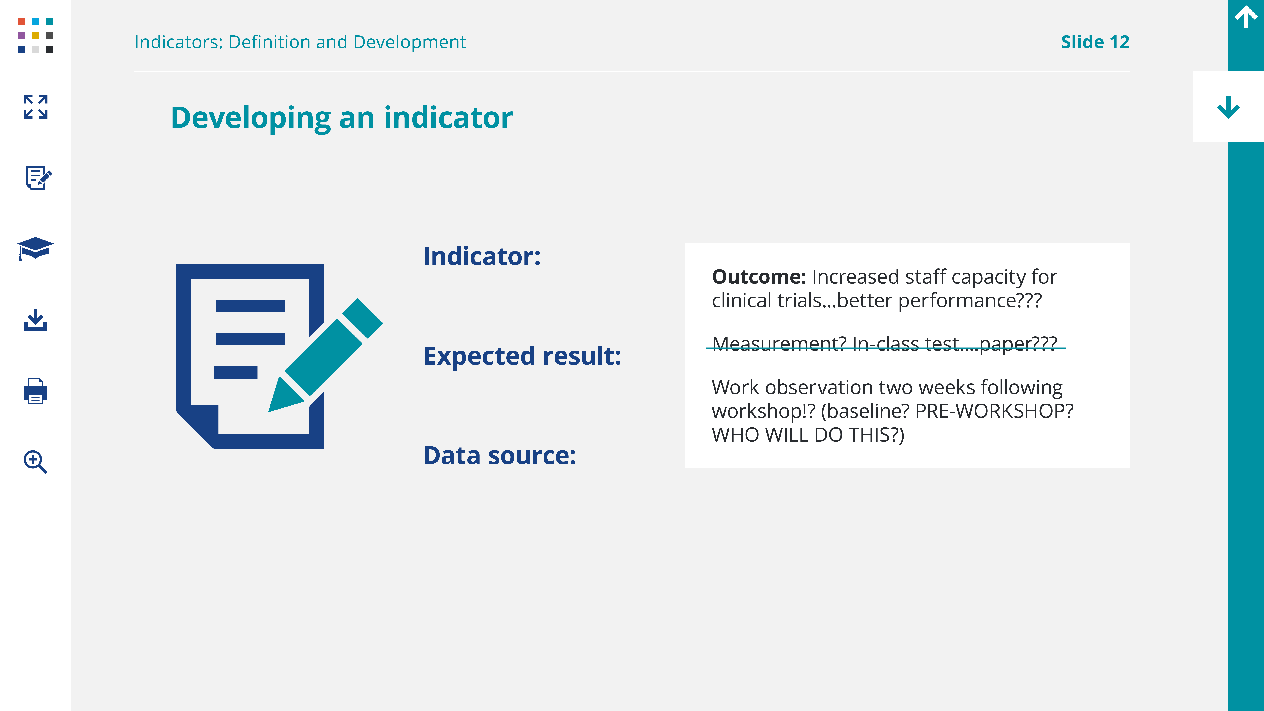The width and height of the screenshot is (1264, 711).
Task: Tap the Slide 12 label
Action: click(1095, 42)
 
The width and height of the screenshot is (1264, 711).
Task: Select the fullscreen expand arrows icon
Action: click(35, 106)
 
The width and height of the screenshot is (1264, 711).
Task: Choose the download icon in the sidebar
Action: click(35, 320)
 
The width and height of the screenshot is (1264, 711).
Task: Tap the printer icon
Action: click(35, 391)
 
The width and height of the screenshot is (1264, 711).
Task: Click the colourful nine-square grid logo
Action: click(35, 35)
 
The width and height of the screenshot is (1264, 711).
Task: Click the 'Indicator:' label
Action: click(482, 257)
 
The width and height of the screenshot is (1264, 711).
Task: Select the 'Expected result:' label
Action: click(522, 356)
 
